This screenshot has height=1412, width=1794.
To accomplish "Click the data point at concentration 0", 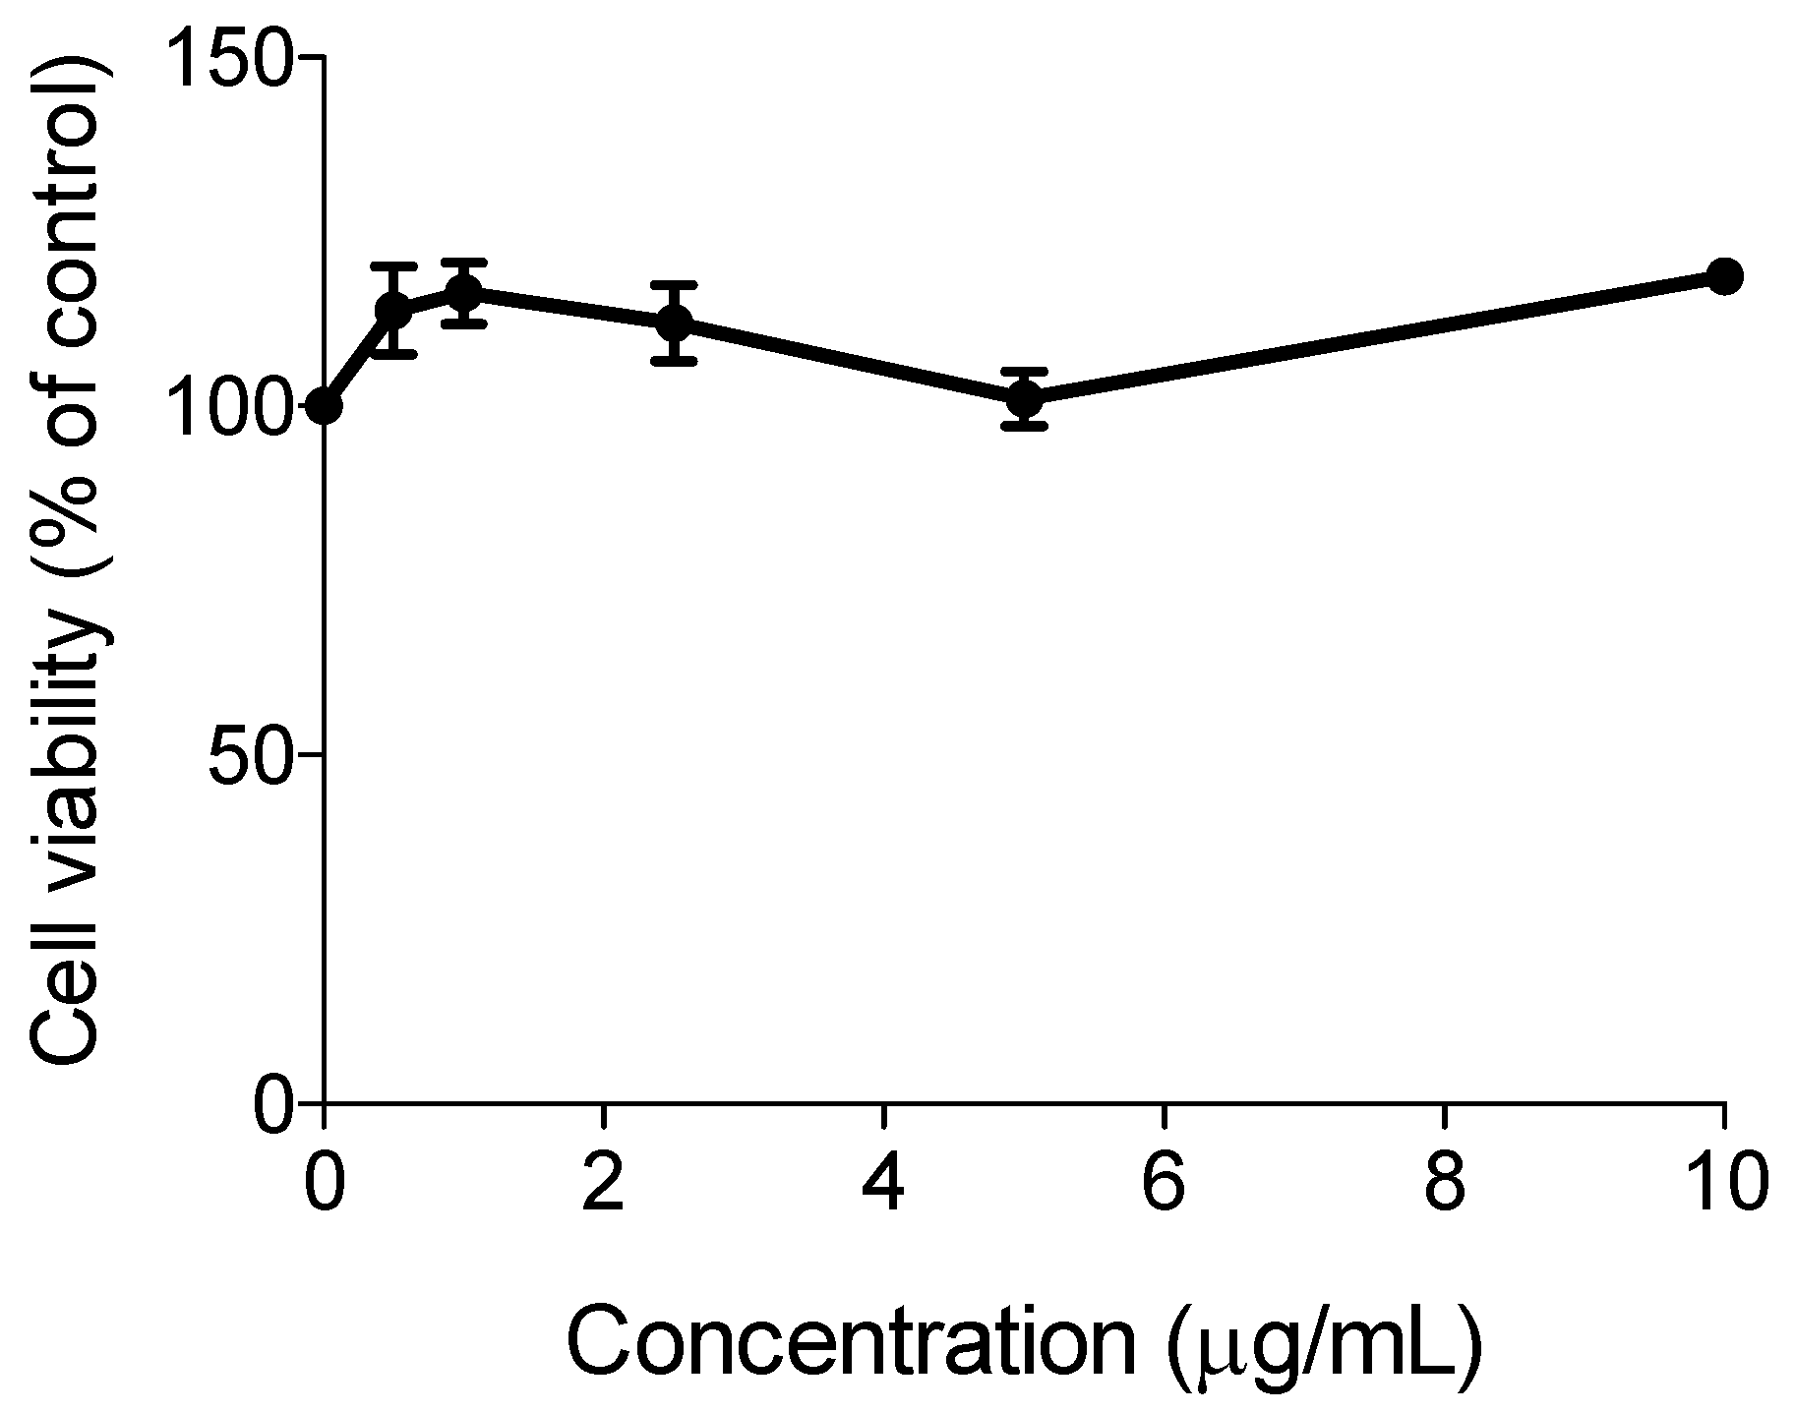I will point(324,405).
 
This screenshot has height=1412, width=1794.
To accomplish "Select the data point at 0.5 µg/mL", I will point(393,311).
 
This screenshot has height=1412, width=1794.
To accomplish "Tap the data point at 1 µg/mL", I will point(463,292).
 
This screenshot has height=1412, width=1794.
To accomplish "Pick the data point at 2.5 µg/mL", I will point(674,322).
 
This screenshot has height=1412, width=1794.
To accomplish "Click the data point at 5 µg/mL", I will point(1024,399).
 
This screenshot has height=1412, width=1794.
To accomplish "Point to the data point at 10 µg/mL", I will point(1724,276).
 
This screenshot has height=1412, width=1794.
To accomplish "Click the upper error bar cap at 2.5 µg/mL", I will point(674,284).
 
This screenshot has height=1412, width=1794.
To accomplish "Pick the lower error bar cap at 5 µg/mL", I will point(1024,426).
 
